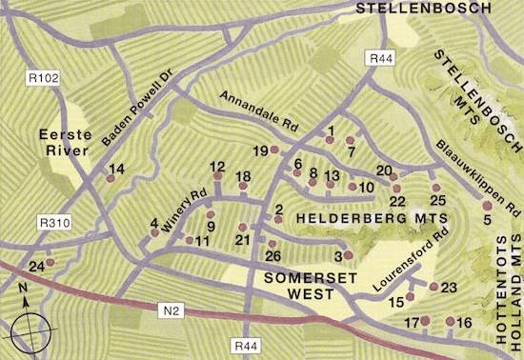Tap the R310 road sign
point(54,222)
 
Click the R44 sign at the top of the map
point(378,59)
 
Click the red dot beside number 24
point(50,263)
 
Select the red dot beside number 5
point(487,205)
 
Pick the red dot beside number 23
point(433,287)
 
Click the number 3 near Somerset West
point(338,255)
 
